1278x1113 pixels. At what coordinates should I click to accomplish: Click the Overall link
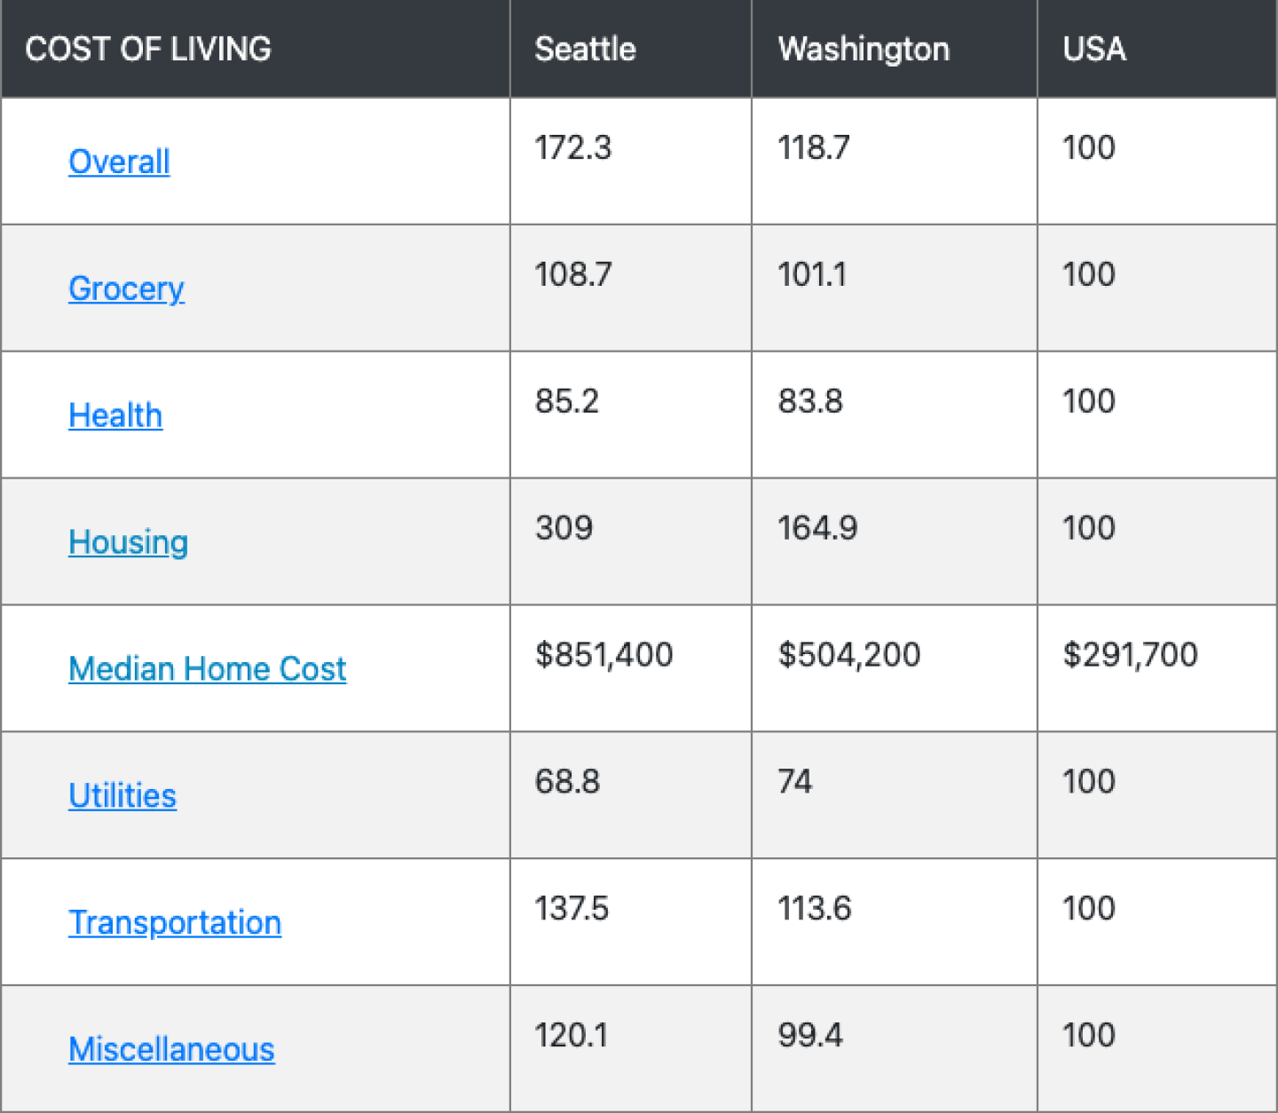click(x=119, y=162)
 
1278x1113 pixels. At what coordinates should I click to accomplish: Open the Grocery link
click(x=126, y=288)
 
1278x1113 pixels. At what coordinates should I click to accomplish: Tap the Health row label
click(x=115, y=415)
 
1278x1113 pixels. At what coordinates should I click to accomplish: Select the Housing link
click(x=128, y=542)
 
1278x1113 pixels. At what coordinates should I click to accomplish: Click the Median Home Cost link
click(x=207, y=669)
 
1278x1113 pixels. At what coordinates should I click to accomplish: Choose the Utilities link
click(x=122, y=795)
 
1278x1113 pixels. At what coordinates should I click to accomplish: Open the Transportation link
click(x=175, y=922)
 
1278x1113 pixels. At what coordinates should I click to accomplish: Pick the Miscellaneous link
click(x=171, y=1049)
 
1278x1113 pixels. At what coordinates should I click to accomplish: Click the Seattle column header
click(x=585, y=49)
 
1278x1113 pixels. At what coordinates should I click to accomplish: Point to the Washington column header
click(x=864, y=49)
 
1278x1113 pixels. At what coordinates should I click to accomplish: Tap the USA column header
click(x=1094, y=49)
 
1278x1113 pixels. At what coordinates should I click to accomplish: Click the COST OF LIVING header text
click(x=148, y=49)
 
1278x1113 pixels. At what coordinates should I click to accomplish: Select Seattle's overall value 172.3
click(x=572, y=147)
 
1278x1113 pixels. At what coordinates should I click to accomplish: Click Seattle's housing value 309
click(x=564, y=528)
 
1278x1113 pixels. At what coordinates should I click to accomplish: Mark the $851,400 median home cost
click(x=603, y=655)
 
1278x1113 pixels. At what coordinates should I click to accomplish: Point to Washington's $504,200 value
click(x=849, y=655)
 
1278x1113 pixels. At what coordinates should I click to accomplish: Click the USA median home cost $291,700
click(x=1130, y=655)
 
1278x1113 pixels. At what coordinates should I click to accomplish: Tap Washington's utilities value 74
click(x=794, y=782)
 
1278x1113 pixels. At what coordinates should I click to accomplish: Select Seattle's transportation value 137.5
click(x=572, y=909)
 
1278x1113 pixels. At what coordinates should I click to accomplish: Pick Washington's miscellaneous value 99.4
click(x=810, y=1036)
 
